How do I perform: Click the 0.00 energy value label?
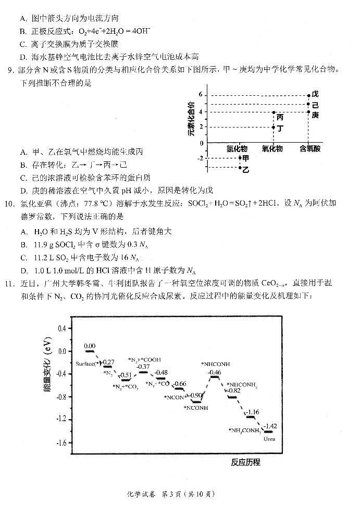tap(90, 346)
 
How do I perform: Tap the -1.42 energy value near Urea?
tap(270, 426)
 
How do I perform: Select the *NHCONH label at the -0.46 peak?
tap(216, 364)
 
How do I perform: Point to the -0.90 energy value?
tap(196, 395)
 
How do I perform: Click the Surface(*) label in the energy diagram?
tap(87, 363)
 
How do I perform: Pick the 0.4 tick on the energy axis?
tap(62, 329)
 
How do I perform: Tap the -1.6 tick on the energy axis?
tap(62, 443)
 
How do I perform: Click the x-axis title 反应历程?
tap(245, 462)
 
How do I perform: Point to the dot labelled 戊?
tap(309, 95)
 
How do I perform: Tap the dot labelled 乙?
tap(240, 168)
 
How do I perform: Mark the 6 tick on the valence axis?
tap(200, 94)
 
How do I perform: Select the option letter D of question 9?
tap(23, 190)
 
